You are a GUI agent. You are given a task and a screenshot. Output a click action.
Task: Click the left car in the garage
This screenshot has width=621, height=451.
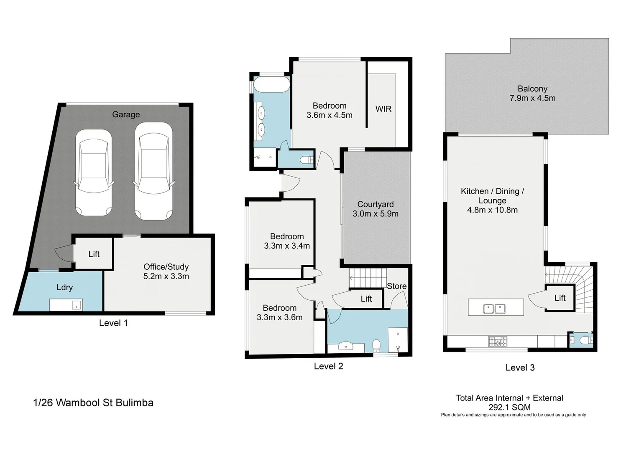[x=93, y=172]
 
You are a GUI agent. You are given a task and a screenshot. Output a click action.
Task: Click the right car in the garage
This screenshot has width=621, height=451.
[x=153, y=171]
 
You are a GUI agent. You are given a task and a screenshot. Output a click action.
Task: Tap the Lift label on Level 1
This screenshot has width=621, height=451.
[x=94, y=254]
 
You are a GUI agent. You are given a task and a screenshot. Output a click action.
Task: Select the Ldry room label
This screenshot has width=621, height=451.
[x=65, y=287]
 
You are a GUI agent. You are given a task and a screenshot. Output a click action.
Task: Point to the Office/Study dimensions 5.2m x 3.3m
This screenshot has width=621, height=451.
[x=166, y=276]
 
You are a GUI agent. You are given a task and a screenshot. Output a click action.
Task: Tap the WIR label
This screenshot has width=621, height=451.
[x=383, y=109]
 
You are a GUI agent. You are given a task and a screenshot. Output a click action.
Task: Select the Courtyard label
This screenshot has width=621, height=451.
[x=375, y=204]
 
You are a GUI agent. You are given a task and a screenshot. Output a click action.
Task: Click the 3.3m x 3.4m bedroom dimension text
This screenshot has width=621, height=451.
[x=286, y=246]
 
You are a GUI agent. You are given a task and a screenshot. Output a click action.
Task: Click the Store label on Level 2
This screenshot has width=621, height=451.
[x=396, y=286]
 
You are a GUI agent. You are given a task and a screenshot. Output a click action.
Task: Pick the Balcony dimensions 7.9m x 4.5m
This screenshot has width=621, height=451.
[x=532, y=99]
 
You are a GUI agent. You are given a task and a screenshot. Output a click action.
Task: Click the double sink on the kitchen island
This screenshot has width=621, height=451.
[x=494, y=309]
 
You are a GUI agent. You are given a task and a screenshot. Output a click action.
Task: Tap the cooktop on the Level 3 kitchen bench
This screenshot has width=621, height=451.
[x=498, y=342]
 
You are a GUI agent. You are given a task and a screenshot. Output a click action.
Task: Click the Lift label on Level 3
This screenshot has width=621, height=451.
[x=560, y=298]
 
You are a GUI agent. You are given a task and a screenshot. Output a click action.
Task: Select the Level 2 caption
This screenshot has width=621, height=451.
[x=328, y=366]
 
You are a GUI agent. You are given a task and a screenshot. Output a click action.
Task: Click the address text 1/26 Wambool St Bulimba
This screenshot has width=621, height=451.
[x=93, y=403]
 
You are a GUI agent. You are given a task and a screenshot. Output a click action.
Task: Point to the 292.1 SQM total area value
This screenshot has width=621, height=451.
[x=509, y=407]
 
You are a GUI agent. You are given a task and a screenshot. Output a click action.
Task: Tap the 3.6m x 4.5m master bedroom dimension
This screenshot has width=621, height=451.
[x=329, y=115]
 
